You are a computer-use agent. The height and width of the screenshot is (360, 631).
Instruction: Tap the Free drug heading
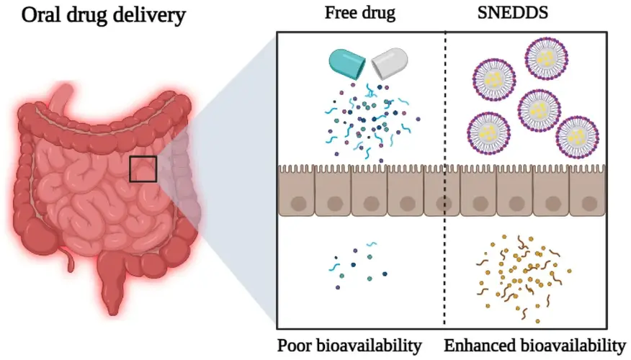point(359,13)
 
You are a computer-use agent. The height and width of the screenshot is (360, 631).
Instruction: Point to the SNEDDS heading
point(513,13)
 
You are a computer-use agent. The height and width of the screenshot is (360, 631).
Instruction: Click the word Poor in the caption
point(295,346)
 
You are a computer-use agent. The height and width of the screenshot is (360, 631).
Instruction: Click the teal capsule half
point(347,64)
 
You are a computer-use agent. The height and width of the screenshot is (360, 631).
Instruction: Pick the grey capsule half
point(389,63)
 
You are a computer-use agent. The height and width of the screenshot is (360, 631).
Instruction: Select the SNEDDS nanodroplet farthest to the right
point(578,138)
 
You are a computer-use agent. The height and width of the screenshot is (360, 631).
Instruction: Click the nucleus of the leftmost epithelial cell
point(298,204)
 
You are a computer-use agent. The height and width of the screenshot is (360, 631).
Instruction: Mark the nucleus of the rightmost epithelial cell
point(589,204)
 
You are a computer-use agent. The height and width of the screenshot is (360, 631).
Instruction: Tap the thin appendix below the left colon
point(69,259)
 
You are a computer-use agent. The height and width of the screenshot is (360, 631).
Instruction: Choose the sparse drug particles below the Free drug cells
point(357,266)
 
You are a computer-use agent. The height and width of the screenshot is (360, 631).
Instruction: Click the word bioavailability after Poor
point(370,346)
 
